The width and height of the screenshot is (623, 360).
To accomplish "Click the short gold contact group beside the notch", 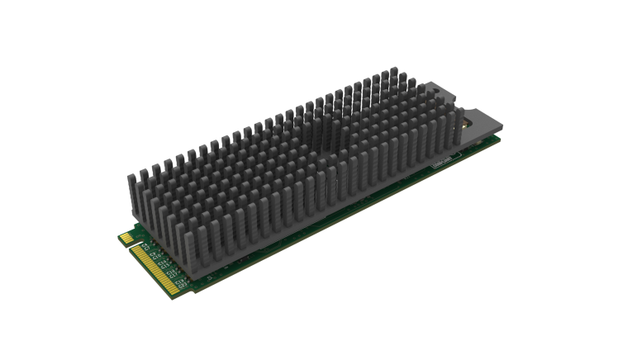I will [126, 238].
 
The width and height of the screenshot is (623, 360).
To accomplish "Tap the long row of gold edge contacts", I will [156, 269].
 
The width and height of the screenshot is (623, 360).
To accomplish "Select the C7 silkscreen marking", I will [147, 248].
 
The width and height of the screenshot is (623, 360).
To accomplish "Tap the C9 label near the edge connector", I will [152, 253].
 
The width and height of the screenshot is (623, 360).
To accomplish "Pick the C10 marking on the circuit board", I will [156, 258].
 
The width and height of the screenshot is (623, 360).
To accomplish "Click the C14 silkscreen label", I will [161, 263].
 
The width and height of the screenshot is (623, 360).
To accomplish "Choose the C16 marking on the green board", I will [170, 272].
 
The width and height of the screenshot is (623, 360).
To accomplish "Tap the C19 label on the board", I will [178, 282].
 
